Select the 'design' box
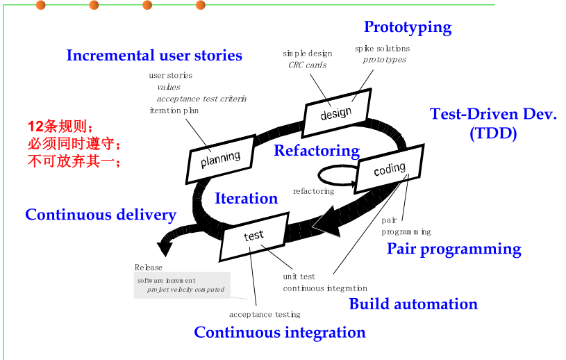(x=336, y=113)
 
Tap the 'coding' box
(x=390, y=169)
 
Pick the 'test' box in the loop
(x=253, y=236)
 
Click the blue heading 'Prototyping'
(x=408, y=27)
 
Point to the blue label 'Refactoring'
(x=317, y=151)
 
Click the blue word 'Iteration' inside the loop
(x=246, y=198)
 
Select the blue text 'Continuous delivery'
(x=101, y=215)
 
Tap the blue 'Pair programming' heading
(x=454, y=249)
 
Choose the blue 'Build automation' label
(x=413, y=304)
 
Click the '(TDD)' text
(x=493, y=133)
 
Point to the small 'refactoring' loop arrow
(x=338, y=176)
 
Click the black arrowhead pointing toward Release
(x=165, y=248)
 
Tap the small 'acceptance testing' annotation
(x=265, y=315)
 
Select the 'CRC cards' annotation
(x=307, y=65)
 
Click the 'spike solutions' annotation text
(x=382, y=49)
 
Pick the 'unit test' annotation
(x=299, y=277)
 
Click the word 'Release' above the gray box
(x=149, y=268)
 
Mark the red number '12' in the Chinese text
(x=35, y=126)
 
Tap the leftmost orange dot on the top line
(x=41, y=5)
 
